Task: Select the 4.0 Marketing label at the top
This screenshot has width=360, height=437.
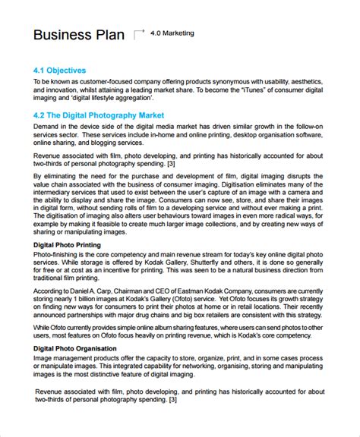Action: click(x=172, y=33)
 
